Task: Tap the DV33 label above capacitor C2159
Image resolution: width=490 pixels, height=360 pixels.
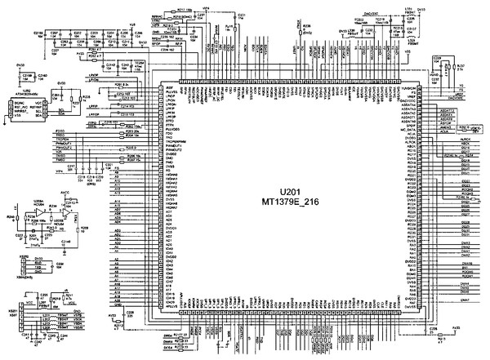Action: tap(21, 63)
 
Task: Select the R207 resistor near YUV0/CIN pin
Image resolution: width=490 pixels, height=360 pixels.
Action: tap(461, 67)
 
